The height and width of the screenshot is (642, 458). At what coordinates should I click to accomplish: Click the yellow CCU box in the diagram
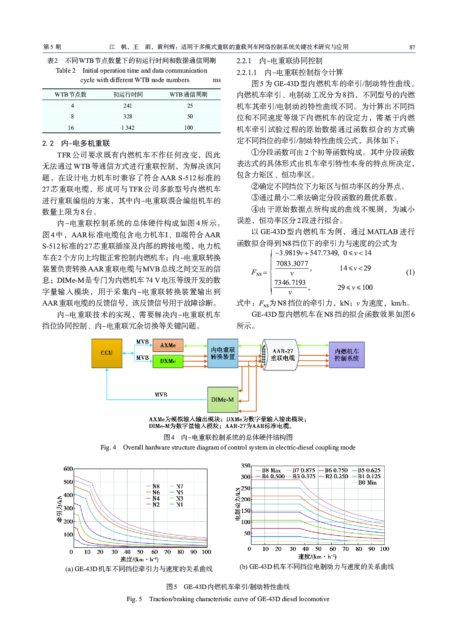click(x=106, y=353)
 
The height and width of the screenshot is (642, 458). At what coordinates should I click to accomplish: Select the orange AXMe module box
click(x=168, y=345)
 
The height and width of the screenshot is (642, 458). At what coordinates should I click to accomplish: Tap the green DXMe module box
click(x=168, y=361)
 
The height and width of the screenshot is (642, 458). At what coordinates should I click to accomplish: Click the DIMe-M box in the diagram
click(x=223, y=400)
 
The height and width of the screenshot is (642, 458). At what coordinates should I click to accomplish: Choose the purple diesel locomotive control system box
click(x=347, y=355)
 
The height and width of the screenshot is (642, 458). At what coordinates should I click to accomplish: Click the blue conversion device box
click(x=223, y=353)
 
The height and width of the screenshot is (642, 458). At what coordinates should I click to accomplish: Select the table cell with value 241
click(x=128, y=106)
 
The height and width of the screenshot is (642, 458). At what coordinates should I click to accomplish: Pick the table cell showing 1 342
click(x=128, y=128)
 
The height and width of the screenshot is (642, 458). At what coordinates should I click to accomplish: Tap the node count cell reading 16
click(x=71, y=128)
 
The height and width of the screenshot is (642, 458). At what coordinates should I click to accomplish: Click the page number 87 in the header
click(x=412, y=47)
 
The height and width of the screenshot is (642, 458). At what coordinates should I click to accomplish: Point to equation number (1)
click(x=410, y=272)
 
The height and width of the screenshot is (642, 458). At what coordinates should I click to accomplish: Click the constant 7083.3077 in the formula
click(x=292, y=264)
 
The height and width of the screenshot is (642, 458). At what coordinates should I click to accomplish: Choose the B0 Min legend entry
click(x=367, y=483)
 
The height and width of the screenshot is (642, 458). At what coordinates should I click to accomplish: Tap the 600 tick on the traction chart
click(x=68, y=469)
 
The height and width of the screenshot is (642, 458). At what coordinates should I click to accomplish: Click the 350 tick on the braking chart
click(x=246, y=466)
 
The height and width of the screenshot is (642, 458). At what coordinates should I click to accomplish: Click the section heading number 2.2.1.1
click(x=247, y=72)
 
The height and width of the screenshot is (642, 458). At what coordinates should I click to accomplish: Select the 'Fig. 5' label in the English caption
click(x=134, y=599)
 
